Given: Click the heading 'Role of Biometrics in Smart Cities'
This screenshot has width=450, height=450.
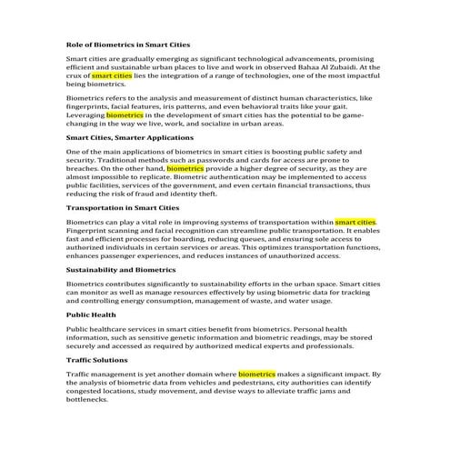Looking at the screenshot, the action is pos(128,45).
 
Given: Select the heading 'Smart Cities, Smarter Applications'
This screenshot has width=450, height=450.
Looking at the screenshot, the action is pos(131,136).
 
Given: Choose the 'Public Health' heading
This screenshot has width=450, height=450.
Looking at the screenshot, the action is pos(91,315).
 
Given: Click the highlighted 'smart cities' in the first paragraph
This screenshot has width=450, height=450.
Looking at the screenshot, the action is pos(112,76).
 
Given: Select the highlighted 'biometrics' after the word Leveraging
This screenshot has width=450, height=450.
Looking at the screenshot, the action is pos(124,116).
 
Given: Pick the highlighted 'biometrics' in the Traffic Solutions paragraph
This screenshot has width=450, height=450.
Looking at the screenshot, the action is pos(256,373).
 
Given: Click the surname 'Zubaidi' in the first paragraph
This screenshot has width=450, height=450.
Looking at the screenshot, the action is pos(363,67).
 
